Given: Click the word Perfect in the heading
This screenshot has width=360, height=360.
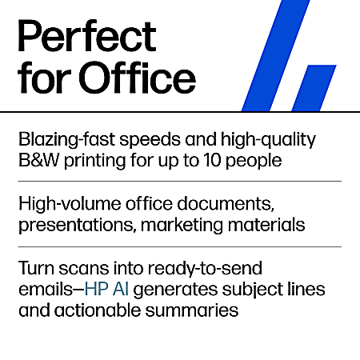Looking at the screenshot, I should pyautogui.click(x=87, y=38).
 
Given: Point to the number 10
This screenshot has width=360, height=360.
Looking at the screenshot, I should pyautogui.click(x=227, y=160).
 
